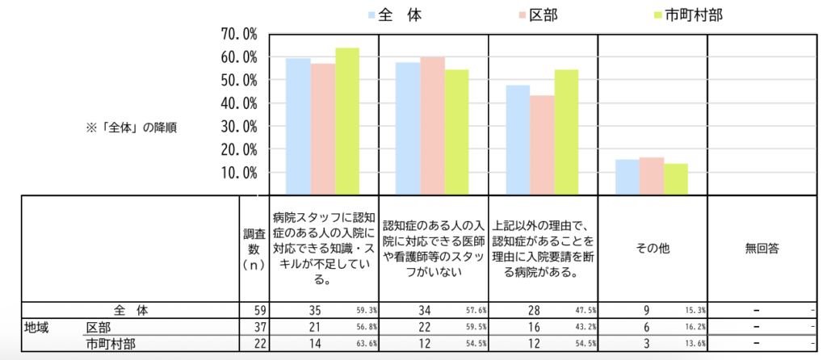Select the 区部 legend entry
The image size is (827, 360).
[x=538, y=15]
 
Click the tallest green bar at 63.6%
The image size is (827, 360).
[x=347, y=121]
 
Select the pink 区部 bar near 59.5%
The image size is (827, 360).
[x=433, y=125]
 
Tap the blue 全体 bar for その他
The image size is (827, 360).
[x=627, y=177]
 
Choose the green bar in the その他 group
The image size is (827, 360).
[x=675, y=178]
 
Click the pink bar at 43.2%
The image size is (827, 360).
[x=542, y=145]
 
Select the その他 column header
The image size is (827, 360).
[x=652, y=249]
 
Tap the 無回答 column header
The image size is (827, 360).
[x=762, y=249]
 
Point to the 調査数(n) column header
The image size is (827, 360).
[x=250, y=249]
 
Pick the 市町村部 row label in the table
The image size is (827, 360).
[x=111, y=343]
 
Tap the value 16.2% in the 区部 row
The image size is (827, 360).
[x=694, y=327]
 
